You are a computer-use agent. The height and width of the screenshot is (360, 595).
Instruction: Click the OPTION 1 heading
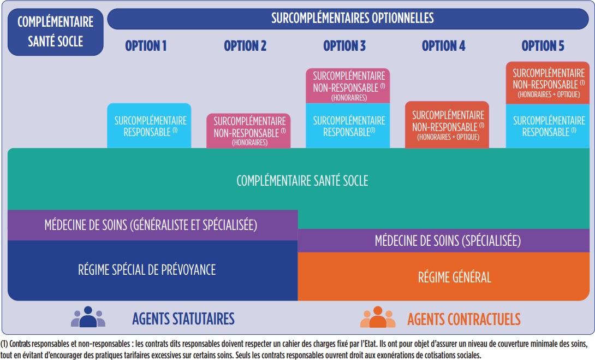pyautogui.click(x=146, y=46)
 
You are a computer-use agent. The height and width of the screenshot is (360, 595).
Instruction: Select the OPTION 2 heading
pyautogui.click(x=245, y=46)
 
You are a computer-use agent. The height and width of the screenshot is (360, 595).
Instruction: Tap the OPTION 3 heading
pyautogui.click(x=344, y=46)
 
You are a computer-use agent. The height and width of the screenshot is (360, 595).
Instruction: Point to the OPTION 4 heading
pyautogui.click(x=443, y=46)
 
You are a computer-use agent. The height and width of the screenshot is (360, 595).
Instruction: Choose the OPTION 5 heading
pyautogui.click(x=543, y=46)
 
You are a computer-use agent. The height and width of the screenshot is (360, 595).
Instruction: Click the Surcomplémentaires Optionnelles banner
pyautogui.click(x=352, y=18)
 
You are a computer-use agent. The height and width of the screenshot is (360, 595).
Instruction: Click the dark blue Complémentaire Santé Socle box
pyautogui.click(x=55, y=32)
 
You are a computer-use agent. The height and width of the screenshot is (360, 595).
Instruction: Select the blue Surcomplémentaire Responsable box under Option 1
pyautogui.click(x=150, y=126)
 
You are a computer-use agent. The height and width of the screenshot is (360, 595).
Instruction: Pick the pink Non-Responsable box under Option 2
pyautogui.click(x=249, y=131)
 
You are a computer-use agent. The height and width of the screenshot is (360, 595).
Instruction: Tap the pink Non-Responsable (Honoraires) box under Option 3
pyautogui.click(x=348, y=86)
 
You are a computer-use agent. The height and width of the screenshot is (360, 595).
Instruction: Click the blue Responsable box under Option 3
pyautogui.click(x=348, y=126)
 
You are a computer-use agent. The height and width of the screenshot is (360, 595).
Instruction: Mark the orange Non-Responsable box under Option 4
pyautogui.click(x=447, y=125)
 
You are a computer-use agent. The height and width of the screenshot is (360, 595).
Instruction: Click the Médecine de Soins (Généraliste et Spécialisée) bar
pyautogui.click(x=152, y=225)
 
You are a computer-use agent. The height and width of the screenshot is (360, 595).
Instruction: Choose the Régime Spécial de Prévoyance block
pyautogui.click(x=152, y=269)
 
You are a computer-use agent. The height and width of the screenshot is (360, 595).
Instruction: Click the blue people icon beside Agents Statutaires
pyautogui.click(x=87, y=317)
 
